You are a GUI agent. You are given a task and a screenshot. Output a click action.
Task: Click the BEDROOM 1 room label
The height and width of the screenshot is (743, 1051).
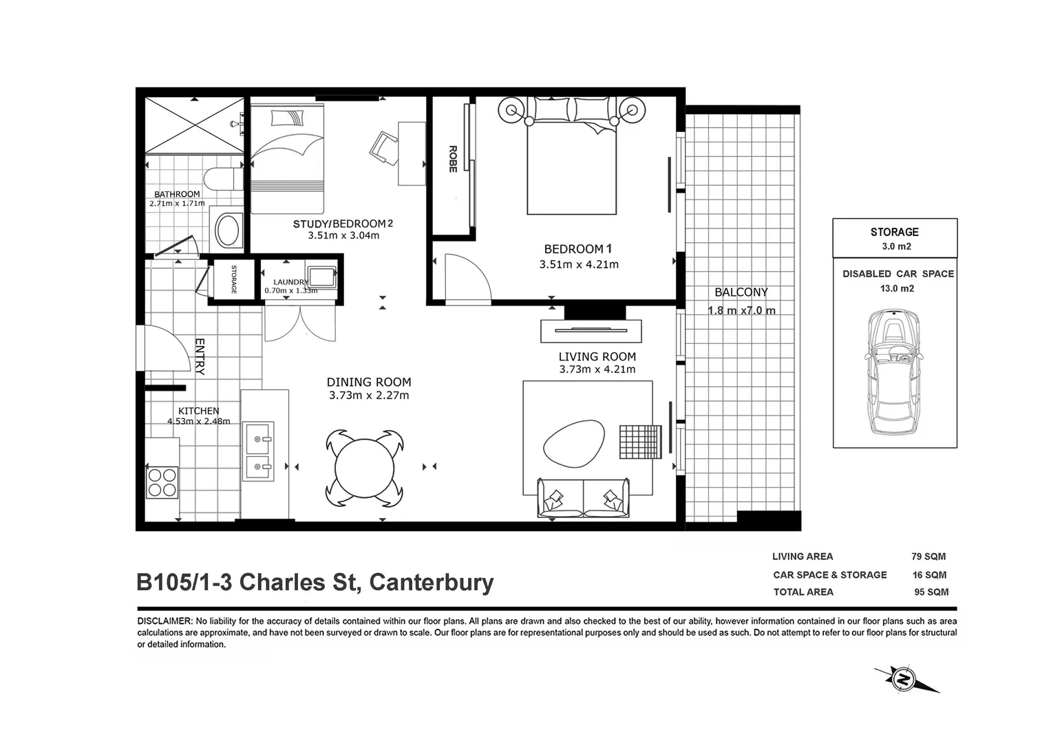[577, 249]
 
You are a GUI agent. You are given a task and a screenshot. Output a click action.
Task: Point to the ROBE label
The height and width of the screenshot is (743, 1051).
[453, 159]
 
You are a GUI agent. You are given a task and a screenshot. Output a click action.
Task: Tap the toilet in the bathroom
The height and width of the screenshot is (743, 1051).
[223, 180]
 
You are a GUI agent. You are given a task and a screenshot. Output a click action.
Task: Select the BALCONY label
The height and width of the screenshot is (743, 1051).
[741, 292]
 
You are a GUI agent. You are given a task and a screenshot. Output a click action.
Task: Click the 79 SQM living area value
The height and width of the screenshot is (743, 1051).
[928, 557]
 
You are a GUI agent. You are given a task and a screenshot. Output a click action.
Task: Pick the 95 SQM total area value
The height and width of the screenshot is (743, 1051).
[931, 592]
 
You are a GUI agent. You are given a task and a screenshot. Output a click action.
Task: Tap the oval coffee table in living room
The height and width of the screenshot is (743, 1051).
[574, 442]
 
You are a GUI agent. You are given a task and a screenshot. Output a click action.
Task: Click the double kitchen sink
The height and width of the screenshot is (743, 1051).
[259, 451]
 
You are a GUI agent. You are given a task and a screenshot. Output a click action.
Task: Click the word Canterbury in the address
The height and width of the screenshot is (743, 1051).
[432, 583]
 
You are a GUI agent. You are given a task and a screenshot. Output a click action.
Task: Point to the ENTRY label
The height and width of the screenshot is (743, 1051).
[200, 356]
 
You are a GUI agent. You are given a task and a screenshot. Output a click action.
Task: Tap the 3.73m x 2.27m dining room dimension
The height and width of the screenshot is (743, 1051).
[369, 396]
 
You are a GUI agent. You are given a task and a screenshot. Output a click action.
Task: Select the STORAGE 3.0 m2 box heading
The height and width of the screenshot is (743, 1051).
[894, 233]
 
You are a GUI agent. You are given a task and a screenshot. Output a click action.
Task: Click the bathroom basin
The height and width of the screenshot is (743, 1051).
[228, 230]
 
